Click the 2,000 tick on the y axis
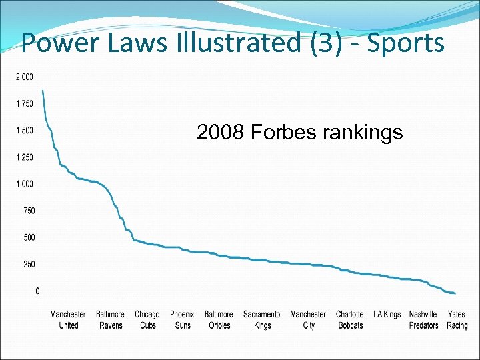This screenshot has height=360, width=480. (x=25, y=77)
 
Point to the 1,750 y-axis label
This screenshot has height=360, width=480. (x=25, y=103)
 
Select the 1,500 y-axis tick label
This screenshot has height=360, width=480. (x=25, y=130)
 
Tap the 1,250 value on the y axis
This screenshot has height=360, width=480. (x=25, y=157)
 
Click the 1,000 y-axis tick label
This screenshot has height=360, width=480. (x=25, y=184)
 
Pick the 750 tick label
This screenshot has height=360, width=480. (x=29, y=211)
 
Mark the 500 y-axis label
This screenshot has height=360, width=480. (x=29, y=237)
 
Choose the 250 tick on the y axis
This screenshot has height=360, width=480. (x=29, y=264)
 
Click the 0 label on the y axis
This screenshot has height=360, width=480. (x=37, y=291)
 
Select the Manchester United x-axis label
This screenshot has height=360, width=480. (x=68, y=320)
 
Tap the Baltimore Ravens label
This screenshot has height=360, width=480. (x=110, y=320)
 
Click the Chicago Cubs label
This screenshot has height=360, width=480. (x=147, y=320)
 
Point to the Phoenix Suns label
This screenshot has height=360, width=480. (x=182, y=320)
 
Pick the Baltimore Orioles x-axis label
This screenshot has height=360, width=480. (x=219, y=320)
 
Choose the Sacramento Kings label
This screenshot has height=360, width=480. (x=262, y=320)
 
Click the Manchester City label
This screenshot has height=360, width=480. (x=308, y=320)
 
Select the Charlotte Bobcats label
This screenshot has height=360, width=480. (x=350, y=320)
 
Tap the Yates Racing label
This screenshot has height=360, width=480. (x=457, y=320)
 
